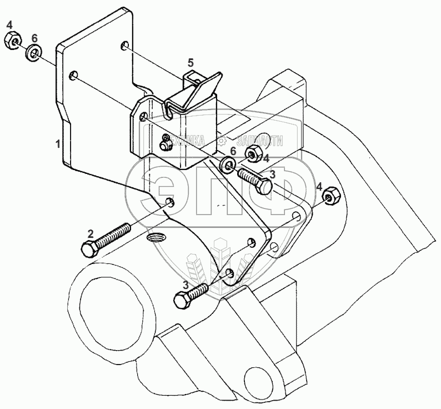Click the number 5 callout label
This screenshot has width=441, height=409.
[190, 62]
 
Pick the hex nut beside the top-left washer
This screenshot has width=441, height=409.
[12, 41]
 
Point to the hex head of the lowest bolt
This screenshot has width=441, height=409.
[182, 301]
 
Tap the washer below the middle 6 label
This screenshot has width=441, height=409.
[227, 164]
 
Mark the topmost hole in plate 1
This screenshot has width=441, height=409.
[126, 48]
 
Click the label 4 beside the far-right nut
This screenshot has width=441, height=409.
[319, 187]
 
